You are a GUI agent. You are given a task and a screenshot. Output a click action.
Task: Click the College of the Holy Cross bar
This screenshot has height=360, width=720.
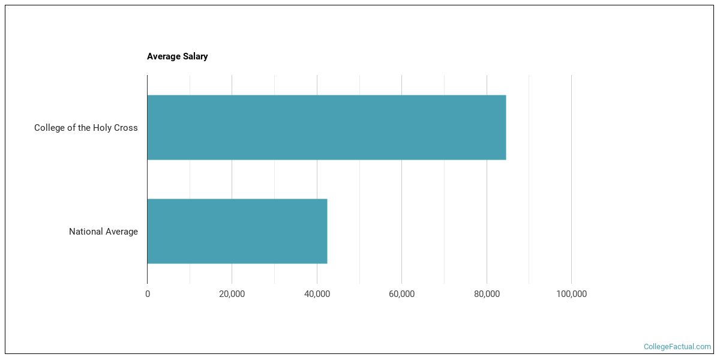click(x=326, y=127)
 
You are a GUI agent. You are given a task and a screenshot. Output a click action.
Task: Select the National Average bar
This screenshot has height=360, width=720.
click(x=237, y=231)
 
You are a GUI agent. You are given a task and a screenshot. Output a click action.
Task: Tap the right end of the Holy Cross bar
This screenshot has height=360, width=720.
click(x=505, y=127)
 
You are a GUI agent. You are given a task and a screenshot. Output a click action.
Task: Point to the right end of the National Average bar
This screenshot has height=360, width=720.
click(x=326, y=231)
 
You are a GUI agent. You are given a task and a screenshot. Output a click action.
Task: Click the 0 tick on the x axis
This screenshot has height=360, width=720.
click(x=148, y=294)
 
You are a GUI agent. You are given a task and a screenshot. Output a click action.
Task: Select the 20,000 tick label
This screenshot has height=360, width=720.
click(x=232, y=294)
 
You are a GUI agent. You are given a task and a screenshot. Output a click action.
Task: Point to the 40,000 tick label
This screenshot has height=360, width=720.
click(x=317, y=294)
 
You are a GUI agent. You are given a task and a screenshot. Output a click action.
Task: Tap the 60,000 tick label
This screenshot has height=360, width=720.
click(x=401, y=294)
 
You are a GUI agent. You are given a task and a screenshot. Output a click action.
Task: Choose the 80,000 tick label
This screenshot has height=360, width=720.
click(x=487, y=294)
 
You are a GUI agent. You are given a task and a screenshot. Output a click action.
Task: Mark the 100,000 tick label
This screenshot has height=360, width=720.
click(x=571, y=294)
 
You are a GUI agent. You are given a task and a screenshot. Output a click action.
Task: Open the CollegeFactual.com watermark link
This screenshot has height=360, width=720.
click(x=677, y=347)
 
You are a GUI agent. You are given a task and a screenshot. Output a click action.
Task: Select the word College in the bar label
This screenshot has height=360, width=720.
click(x=50, y=128)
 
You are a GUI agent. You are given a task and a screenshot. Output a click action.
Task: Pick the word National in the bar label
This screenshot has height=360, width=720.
click(x=86, y=232)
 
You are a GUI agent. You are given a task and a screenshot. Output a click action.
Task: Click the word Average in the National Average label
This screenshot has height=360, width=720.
click(x=122, y=232)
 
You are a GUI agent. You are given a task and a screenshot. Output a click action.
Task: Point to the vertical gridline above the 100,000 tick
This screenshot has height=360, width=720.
click(x=571, y=180)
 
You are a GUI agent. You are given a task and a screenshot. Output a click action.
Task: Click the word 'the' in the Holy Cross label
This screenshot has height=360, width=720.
click(x=83, y=128)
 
